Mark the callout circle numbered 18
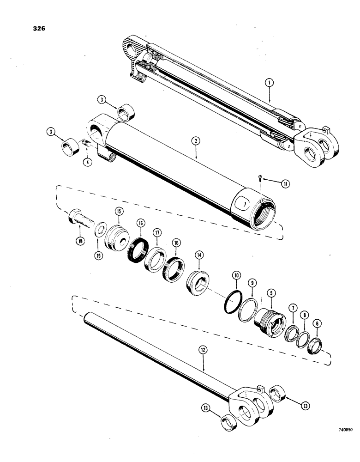pyautogui.click(x=80, y=240)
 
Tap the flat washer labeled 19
pyautogui.click(x=100, y=228)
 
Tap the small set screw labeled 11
pyautogui.click(x=261, y=176)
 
